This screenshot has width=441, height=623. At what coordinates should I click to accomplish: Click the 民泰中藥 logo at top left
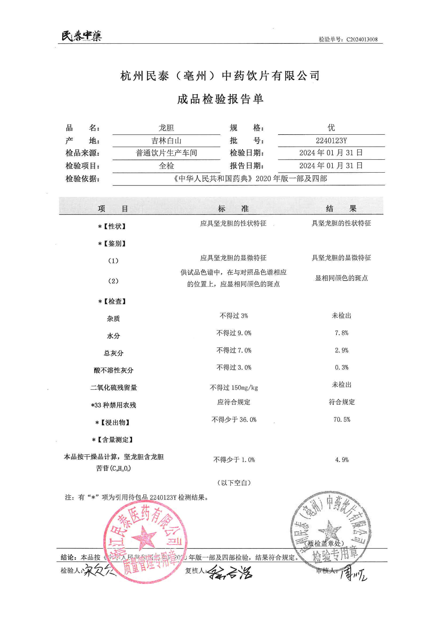click(x=82, y=36)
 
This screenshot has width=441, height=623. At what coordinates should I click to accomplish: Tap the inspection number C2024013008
click(x=362, y=39)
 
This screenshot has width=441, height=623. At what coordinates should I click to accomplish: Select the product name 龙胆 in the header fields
click(x=166, y=128)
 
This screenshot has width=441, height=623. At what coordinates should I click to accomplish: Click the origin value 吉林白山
click(x=166, y=140)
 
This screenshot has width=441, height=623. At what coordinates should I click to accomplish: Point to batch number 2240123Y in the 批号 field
click(x=331, y=140)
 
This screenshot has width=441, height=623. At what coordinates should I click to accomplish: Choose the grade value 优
click(x=331, y=127)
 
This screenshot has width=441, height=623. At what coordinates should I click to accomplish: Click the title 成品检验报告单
click(x=220, y=99)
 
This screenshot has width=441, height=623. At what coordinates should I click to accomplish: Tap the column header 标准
click(x=233, y=208)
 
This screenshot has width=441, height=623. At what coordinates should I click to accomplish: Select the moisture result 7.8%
click(x=341, y=333)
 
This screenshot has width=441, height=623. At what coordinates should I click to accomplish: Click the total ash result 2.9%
click(x=341, y=350)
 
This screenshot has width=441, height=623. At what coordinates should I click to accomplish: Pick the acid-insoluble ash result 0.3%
click(x=341, y=367)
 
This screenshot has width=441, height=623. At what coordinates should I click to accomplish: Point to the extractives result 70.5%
click(x=342, y=419)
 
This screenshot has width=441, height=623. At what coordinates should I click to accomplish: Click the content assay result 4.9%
click(x=342, y=460)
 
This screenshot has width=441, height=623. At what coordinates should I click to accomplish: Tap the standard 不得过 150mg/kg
click(x=234, y=387)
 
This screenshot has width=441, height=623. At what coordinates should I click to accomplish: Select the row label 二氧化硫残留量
click(x=114, y=387)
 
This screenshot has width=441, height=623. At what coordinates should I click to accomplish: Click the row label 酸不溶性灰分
click(x=114, y=370)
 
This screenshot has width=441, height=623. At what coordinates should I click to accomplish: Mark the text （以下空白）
click(x=234, y=483)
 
